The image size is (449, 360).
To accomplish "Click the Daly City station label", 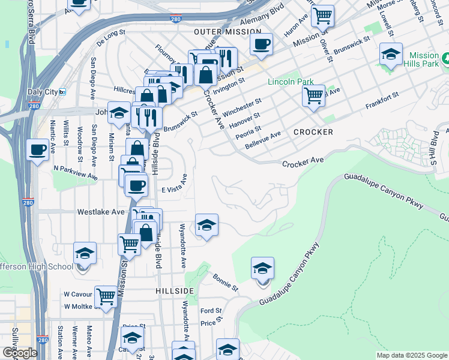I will pyautogui.click(x=43, y=92).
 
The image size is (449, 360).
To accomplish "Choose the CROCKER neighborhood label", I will pyautogui.click(x=313, y=131).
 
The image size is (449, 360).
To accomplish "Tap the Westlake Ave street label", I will pyautogui.click(x=101, y=212).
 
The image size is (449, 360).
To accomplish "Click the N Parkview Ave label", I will pyautogui.click(x=76, y=173).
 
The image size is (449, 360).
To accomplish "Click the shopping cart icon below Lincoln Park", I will pyautogui.click(x=313, y=95).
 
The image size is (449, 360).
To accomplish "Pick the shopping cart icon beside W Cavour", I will pyautogui.click(x=106, y=296).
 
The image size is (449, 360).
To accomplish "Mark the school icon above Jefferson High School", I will pyautogui.click(x=85, y=253).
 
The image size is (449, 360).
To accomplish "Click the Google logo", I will pyautogui.click(x=20, y=353).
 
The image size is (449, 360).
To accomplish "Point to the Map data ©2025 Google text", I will pyautogui.click(x=412, y=355).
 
